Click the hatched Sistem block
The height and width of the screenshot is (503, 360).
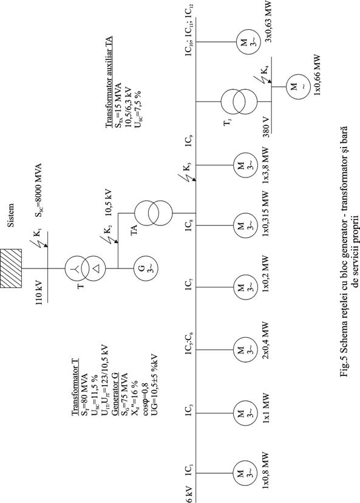click(x=11, y=268)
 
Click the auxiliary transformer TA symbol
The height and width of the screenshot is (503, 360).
click(x=153, y=213)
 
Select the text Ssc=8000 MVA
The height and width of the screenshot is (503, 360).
click(x=38, y=190)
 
